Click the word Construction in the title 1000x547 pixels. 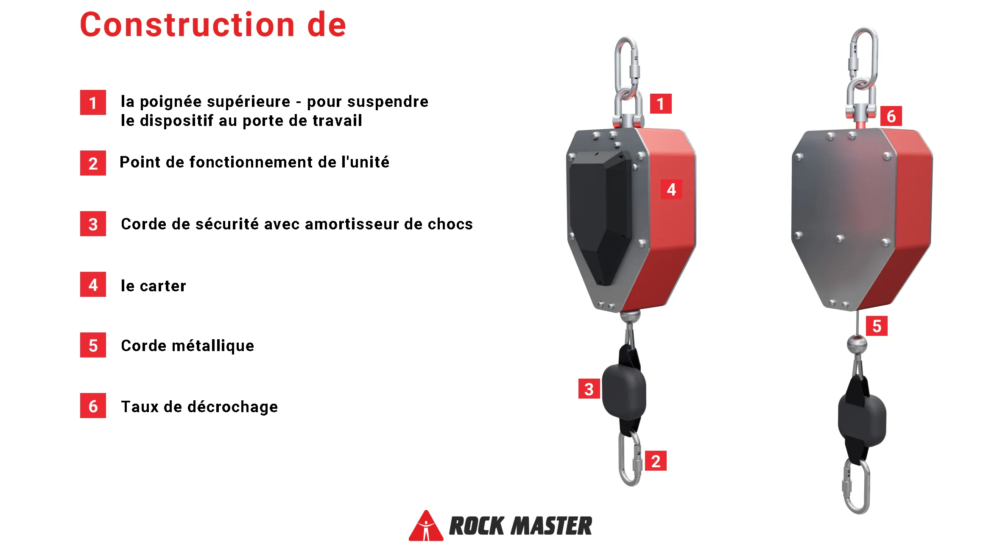[187, 25]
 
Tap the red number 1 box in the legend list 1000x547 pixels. [93, 103]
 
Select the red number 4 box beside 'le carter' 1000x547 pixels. [93, 285]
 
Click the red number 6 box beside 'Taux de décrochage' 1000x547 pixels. [93, 406]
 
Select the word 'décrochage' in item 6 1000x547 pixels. [233, 407]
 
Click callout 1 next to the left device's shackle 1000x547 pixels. [660, 104]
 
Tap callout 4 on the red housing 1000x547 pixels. [671, 189]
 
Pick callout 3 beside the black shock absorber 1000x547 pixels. [589, 389]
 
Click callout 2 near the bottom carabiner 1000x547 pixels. [656, 460]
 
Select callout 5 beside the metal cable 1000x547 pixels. [877, 326]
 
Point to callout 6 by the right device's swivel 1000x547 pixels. [891, 116]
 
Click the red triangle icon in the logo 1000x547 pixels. [426, 526]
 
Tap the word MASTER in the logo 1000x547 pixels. [552, 526]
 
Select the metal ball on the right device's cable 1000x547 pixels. [857, 343]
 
